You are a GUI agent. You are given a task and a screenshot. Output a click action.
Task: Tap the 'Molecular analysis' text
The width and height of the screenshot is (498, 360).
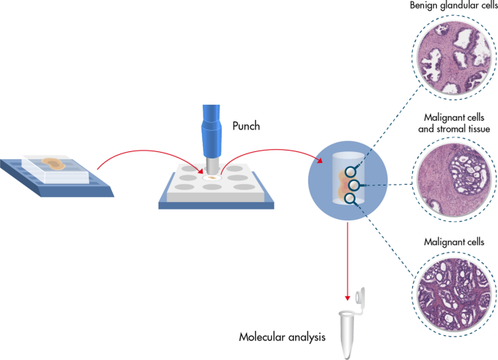click(283, 338)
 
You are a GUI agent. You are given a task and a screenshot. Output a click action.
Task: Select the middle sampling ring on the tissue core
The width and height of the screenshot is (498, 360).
click(354, 185)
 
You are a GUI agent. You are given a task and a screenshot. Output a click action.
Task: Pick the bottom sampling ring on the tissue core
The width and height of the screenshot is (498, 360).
click(350, 198)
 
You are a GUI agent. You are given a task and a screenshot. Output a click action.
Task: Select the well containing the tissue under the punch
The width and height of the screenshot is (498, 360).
click(213, 177)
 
